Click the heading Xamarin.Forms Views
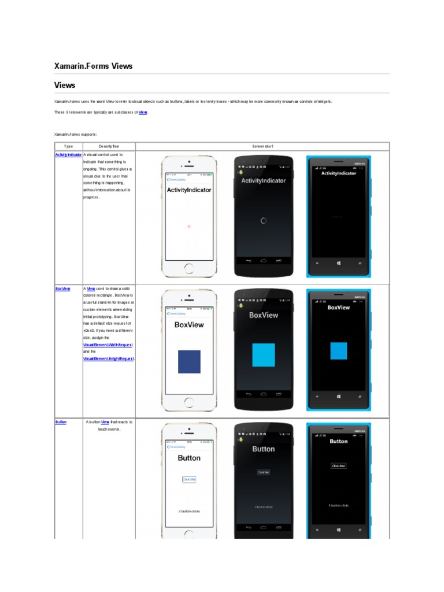coord(93,66)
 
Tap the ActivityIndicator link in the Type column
coord(68,155)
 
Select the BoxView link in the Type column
coord(62,288)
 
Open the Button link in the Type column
coord(61,422)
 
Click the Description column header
coord(109,146)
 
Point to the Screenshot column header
coord(262,146)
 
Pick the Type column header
coord(68,146)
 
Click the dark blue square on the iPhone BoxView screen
coord(189,361)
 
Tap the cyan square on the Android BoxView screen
coord(264,355)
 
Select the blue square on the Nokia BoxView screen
coord(339,350)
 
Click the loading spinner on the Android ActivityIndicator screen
coord(264,220)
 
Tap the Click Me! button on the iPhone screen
coord(189,479)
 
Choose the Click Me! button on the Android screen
coord(264,472)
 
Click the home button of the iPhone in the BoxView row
coord(189,402)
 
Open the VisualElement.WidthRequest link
coord(108,345)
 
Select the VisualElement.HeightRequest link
coord(109,358)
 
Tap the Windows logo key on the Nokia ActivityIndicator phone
coord(339,263)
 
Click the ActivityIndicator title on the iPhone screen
coord(189,190)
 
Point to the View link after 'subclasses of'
coord(143,112)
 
